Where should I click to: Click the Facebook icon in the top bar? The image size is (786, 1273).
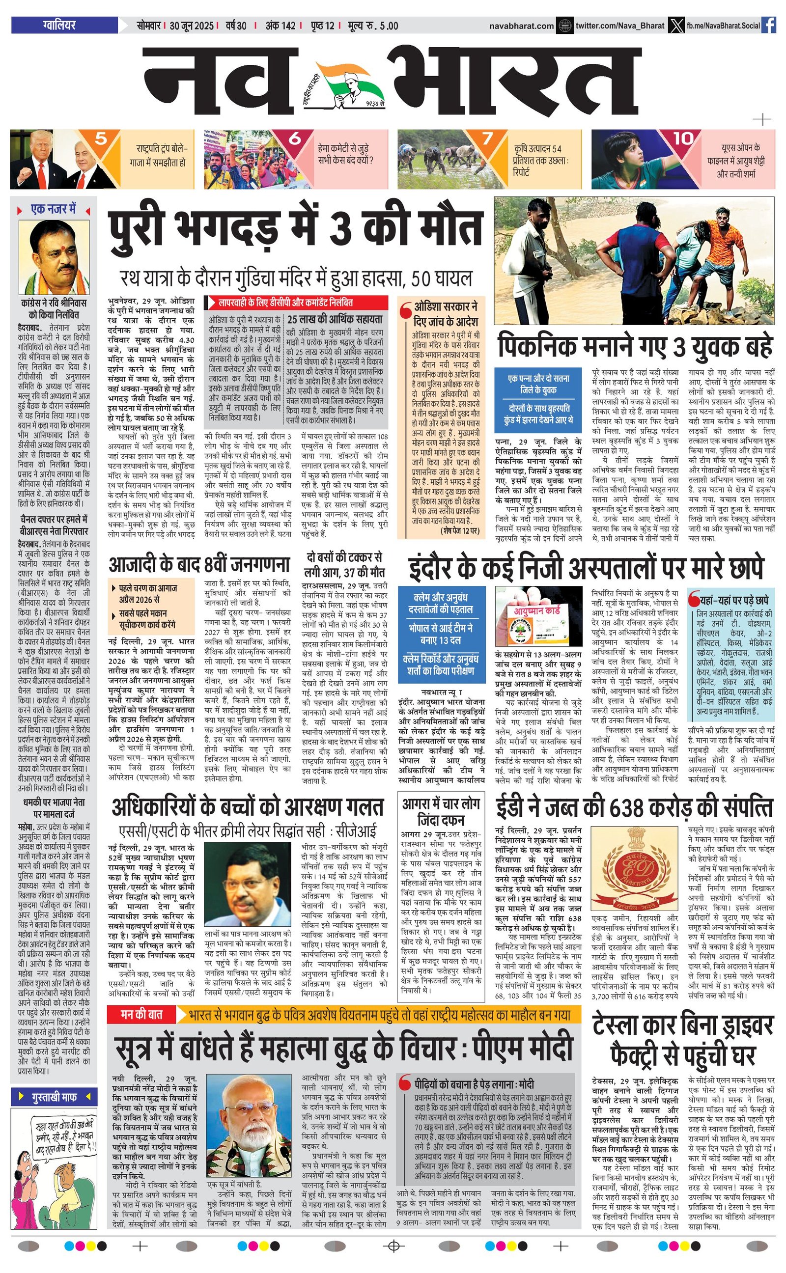769,25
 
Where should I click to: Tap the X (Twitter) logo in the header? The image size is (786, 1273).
675,25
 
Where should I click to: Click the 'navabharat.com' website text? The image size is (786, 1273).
521,26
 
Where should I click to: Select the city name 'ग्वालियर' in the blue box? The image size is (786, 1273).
59,25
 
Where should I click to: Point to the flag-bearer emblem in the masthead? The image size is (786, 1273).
343,83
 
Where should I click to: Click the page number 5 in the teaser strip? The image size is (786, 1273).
101,138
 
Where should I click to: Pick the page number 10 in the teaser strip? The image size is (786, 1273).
683,138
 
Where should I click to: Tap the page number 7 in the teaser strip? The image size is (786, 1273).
487,138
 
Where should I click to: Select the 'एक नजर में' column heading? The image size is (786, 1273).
54,209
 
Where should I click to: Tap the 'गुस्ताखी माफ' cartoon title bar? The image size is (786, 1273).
54,1097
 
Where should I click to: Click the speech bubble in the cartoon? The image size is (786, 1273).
62,1137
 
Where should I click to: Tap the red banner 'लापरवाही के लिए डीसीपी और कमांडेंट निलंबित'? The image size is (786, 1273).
296,303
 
